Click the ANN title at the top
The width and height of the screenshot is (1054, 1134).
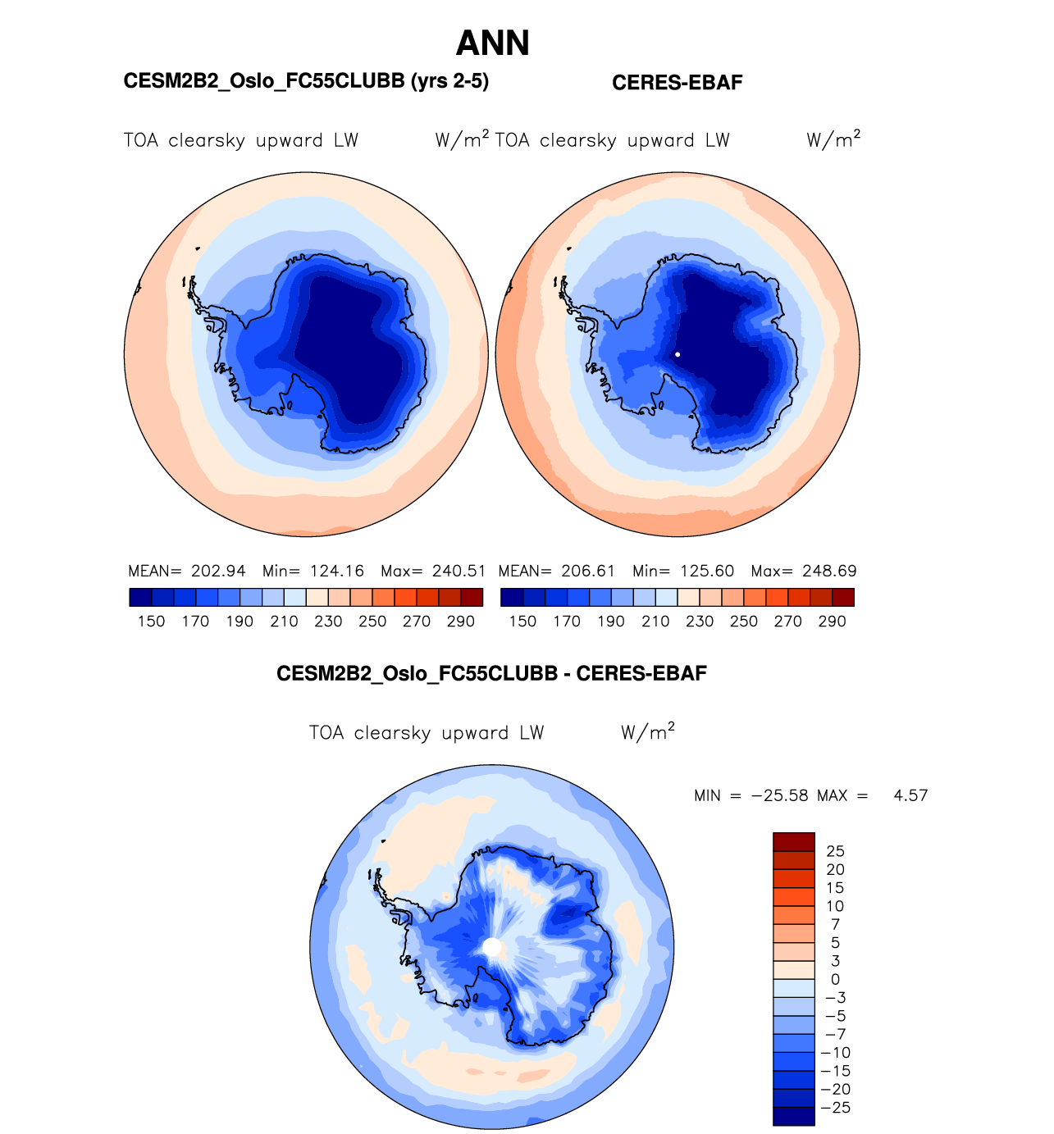pyautogui.click(x=492, y=43)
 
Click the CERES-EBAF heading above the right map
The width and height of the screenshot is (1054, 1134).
pyautogui.click(x=677, y=83)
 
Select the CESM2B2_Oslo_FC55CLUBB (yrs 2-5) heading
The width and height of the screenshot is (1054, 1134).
pyautogui.click(x=306, y=81)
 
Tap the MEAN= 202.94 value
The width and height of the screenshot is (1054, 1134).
pyautogui.click(x=187, y=571)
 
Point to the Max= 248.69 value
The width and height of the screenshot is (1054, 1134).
pyautogui.click(x=804, y=571)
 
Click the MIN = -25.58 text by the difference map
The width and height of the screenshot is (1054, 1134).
pyautogui.click(x=751, y=795)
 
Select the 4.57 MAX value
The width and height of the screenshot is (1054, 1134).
pyautogui.click(x=910, y=795)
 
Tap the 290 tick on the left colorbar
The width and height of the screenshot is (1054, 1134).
pyautogui.click(x=461, y=622)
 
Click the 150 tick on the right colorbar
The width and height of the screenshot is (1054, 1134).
pyautogui.click(x=522, y=622)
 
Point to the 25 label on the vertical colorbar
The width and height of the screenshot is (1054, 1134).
pyautogui.click(x=835, y=851)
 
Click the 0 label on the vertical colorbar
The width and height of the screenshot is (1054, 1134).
pyautogui.click(x=835, y=979)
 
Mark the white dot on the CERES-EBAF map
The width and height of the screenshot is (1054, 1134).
pyautogui.click(x=678, y=354)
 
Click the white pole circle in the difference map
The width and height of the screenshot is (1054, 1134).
pyautogui.click(x=492, y=947)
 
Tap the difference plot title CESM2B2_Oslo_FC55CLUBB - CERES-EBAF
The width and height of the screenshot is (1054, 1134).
pyautogui.click(x=491, y=674)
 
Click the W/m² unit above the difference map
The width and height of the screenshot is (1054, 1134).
pyautogui.click(x=648, y=731)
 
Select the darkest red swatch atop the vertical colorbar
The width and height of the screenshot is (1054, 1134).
pyautogui.click(x=793, y=842)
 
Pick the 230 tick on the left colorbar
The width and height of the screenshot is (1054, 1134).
pyautogui.click(x=328, y=622)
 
